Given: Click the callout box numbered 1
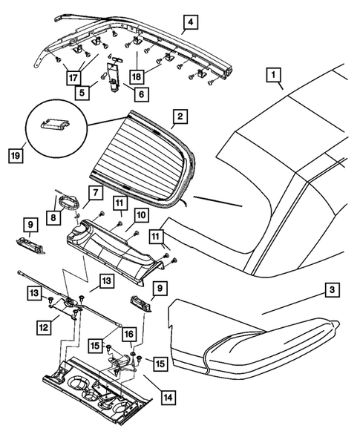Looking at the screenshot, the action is click(x=273, y=75).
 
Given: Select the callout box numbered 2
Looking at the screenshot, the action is click(x=180, y=116).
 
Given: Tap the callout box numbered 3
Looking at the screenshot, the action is click(x=332, y=290).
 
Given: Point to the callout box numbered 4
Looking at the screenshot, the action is click(x=191, y=22).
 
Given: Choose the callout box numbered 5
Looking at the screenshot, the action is click(x=82, y=93).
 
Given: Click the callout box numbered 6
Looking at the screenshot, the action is click(x=141, y=94).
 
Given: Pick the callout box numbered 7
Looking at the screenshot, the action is click(x=96, y=193).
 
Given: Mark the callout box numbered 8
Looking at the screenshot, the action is click(x=53, y=217).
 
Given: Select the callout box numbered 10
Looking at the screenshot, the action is click(x=142, y=215).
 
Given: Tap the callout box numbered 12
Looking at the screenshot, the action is click(x=44, y=327).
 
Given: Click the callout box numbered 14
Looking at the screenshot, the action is click(x=168, y=398).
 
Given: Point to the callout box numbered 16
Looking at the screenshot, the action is click(x=129, y=334).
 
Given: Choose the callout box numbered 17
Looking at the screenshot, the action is click(x=73, y=77).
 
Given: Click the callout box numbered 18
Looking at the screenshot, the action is click(x=137, y=76).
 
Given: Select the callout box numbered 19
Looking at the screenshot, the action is click(x=16, y=156).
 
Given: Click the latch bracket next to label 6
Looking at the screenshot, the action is click(x=114, y=75).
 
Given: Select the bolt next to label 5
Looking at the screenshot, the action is click(x=103, y=76).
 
